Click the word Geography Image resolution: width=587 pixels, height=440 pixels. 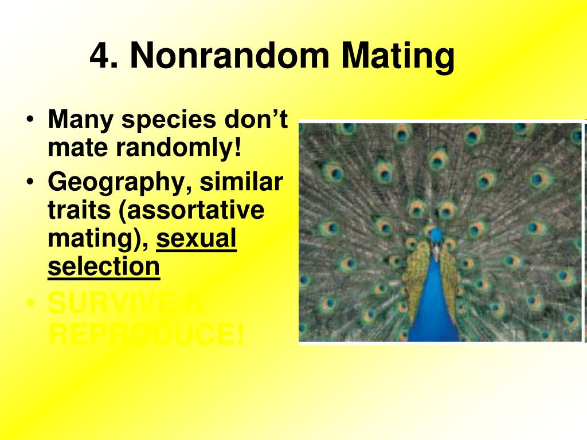pyautogui.click(x=115, y=183)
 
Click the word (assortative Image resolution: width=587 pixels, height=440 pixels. pyautogui.click(x=192, y=211)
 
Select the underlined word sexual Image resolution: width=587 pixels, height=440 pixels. pyautogui.click(x=196, y=238)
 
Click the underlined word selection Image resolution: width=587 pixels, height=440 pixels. pyautogui.click(x=104, y=266)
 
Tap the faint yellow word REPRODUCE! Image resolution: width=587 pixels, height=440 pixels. pyautogui.click(x=146, y=333)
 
